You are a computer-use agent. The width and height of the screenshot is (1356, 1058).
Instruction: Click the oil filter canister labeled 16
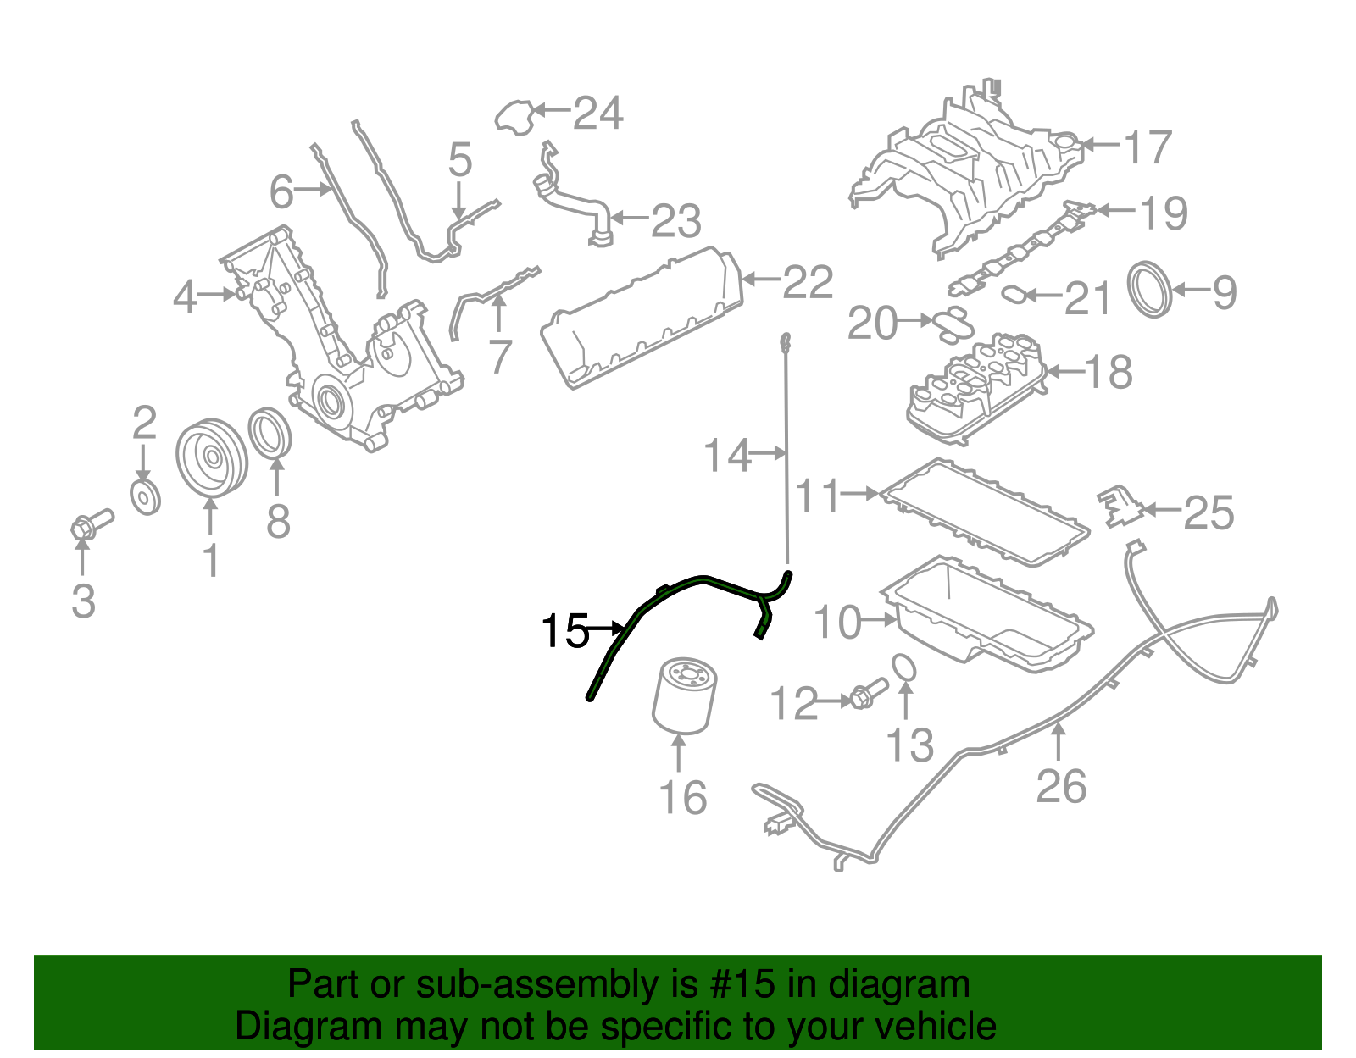pyautogui.click(x=684, y=696)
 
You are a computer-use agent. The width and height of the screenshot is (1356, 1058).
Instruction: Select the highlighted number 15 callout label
pyautogui.click(x=564, y=631)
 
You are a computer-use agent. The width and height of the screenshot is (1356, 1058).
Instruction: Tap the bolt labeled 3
pyautogui.click(x=90, y=523)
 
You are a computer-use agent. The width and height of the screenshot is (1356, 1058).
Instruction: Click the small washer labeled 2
pyautogui.click(x=146, y=497)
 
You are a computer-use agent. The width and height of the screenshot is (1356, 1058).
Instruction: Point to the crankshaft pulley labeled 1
pyautogui.click(x=211, y=457)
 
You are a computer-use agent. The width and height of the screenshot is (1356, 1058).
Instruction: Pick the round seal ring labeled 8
pyautogui.click(x=270, y=433)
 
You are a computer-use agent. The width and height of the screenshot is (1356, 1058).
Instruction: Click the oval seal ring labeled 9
pyautogui.click(x=1150, y=290)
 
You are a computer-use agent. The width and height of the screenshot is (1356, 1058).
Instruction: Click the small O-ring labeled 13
pyautogui.click(x=905, y=667)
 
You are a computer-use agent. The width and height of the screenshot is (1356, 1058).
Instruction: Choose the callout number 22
pyautogui.click(x=808, y=282)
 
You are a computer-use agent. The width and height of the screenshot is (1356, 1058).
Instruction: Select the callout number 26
pyautogui.click(x=1061, y=787)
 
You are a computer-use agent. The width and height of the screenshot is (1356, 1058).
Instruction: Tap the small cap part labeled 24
pyautogui.click(x=514, y=117)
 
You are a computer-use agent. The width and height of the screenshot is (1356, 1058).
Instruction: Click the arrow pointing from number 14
pyautogui.click(x=769, y=454)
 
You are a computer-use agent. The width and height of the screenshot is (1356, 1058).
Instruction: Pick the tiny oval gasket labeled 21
pyautogui.click(x=1014, y=295)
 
